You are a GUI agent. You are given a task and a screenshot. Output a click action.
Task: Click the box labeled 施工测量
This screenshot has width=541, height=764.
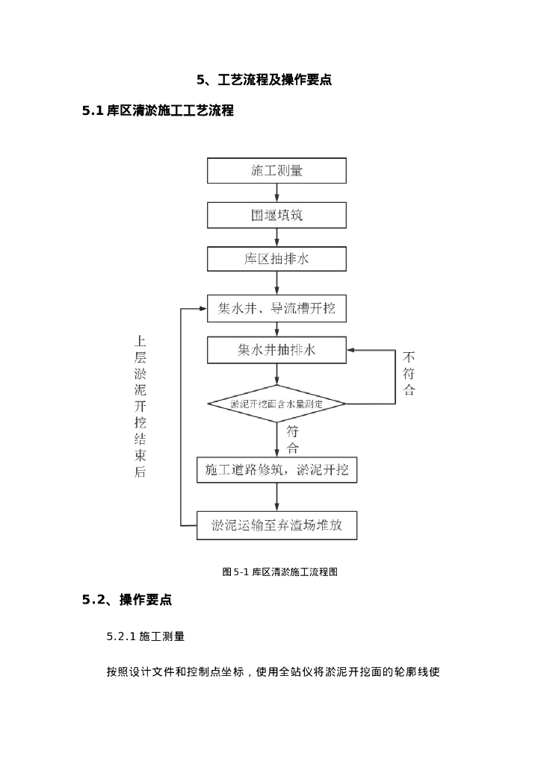tap(276, 171)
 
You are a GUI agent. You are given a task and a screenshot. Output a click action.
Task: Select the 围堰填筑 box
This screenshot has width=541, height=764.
tap(276, 216)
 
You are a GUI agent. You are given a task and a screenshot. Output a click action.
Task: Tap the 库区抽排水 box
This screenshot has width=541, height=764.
tap(276, 259)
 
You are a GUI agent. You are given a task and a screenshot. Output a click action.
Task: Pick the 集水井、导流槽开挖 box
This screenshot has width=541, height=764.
tap(276, 308)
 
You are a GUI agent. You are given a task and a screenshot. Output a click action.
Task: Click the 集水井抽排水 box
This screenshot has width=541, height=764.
tap(276, 350)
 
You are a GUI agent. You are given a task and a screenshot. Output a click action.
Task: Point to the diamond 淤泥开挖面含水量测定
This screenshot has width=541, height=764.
tap(276, 404)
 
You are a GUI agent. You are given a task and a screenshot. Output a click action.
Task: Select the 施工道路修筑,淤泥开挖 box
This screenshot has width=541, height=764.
tap(276, 470)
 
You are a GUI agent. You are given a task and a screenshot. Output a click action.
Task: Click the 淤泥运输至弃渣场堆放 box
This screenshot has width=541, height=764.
tap(276, 525)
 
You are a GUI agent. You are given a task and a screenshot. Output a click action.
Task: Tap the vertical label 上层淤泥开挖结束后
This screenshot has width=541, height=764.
tap(140, 406)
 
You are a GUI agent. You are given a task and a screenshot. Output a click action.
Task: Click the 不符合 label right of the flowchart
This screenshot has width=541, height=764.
tap(409, 373)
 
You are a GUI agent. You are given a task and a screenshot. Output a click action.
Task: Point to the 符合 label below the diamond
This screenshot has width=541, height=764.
tap(292, 439)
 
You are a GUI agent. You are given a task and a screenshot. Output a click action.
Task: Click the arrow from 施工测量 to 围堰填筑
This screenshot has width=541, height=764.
tap(276, 193)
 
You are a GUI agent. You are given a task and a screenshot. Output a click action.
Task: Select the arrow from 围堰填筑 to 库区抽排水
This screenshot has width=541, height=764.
tap(276, 237)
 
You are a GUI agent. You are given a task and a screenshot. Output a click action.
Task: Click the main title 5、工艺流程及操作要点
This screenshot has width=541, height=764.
tap(264, 80)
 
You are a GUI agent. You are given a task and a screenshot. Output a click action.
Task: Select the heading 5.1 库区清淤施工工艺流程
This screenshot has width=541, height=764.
tap(158, 111)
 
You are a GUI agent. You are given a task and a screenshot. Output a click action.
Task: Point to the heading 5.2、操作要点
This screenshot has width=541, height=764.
tap(127, 600)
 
